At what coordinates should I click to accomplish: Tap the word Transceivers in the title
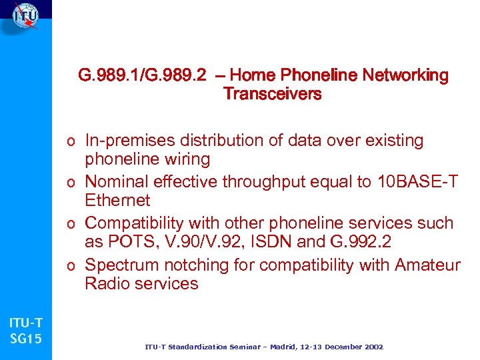(272, 94)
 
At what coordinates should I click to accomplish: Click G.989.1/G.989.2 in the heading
(142, 75)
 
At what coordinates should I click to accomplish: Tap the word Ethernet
(117, 200)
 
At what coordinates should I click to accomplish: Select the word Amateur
(427, 265)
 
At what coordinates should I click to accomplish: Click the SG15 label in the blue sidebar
(26, 339)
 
